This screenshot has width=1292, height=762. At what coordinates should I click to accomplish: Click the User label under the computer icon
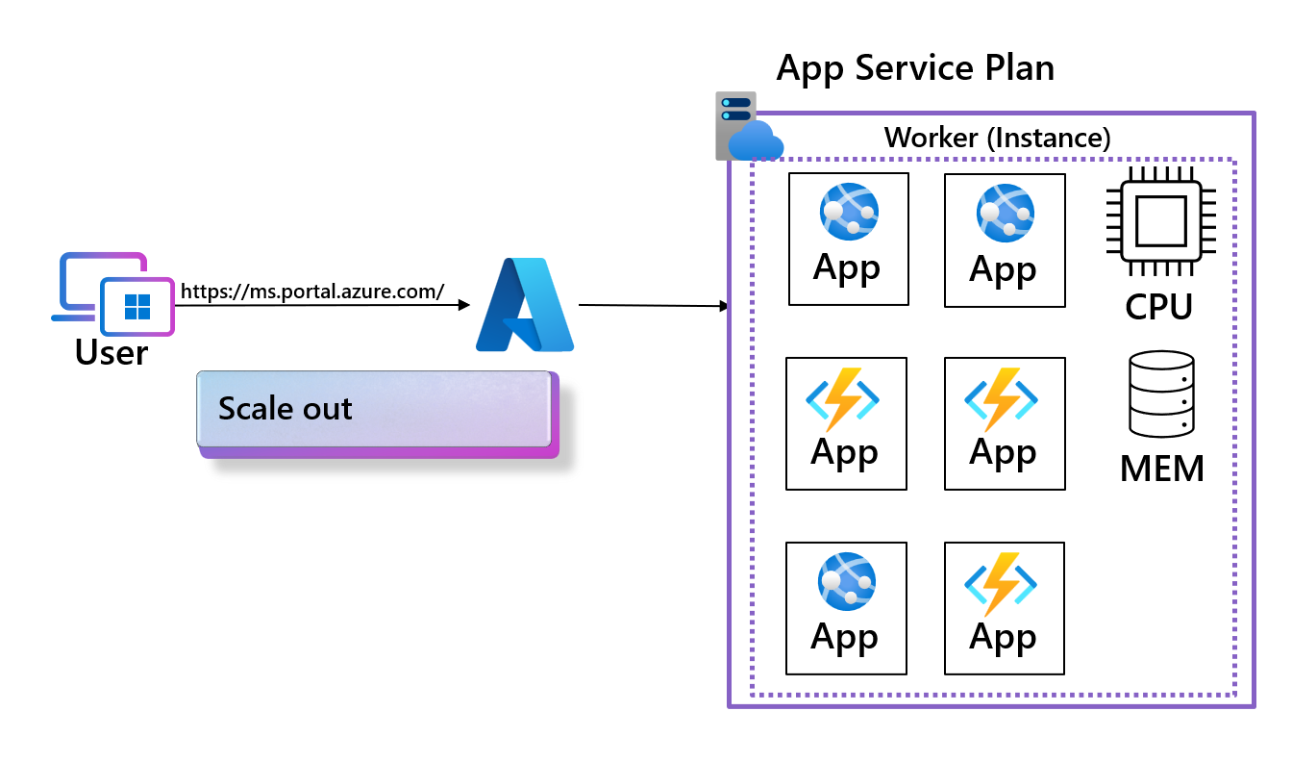[x=112, y=353]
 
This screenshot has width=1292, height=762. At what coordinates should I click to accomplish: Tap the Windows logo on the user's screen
[x=137, y=307]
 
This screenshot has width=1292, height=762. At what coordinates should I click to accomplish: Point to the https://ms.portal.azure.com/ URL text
[x=312, y=291]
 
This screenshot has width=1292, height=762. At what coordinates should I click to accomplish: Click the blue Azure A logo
[x=525, y=304]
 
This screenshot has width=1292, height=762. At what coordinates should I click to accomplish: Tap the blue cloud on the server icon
[x=756, y=142]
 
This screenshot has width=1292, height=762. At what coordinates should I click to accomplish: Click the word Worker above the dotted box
[x=932, y=138]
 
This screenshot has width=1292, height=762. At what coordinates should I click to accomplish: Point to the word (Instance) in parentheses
[x=1049, y=138]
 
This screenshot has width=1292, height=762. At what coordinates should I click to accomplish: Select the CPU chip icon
[x=1161, y=220]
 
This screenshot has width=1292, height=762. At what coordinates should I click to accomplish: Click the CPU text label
[x=1160, y=307]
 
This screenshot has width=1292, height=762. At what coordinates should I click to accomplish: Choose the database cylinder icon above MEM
[x=1162, y=394]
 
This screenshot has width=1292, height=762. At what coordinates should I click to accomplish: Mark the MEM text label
[x=1162, y=470]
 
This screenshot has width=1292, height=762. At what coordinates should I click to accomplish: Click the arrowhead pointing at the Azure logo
[x=464, y=305]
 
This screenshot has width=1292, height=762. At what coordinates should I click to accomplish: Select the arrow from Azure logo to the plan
[x=654, y=306]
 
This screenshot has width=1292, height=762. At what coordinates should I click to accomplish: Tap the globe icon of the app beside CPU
[x=1005, y=214]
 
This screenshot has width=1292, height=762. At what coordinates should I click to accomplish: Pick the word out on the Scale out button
[x=324, y=408]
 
